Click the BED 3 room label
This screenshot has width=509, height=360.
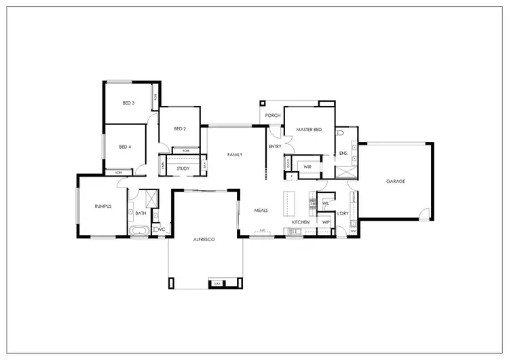tap(128, 103)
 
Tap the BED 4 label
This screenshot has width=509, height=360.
tap(125, 147)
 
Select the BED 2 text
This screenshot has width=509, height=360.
tap(180, 129)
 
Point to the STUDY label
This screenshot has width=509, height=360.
tap(183, 168)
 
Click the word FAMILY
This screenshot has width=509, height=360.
tap(234, 155)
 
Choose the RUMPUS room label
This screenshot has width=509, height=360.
tap(102, 206)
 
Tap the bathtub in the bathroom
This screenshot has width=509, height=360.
tap(140, 232)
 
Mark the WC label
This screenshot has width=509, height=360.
tap(162, 230)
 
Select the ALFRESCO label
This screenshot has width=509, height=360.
tap(204, 240)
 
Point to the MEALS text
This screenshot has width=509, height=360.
tap(261, 211)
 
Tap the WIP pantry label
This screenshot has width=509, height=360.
tap(325, 222)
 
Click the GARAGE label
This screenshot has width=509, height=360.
tap(395, 181)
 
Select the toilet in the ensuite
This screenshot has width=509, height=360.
tap(339, 135)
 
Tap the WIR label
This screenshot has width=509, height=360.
tap(307, 166)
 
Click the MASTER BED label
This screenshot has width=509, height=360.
tap(309, 129)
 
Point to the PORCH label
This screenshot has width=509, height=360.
tap(273, 115)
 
